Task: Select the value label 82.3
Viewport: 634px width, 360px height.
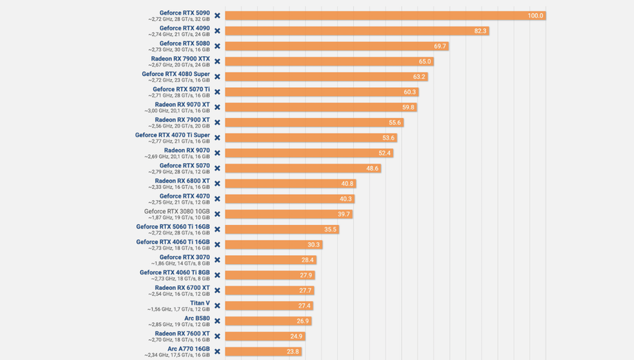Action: pyautogui.click(x=481, y=31)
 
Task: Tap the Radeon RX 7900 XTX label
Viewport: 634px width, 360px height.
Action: pyautogui.click(x=180, y=59)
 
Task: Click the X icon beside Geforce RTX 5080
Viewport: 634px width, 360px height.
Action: pyautogui.click(x=217, y=46)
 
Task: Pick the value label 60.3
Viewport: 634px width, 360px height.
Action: pyautogui.click(x=410, y=92)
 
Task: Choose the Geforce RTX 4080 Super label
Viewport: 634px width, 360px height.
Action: pyautogui.click(x=175, y=74)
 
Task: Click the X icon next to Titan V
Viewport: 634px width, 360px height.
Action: pyautogui.click(x=217, y=305)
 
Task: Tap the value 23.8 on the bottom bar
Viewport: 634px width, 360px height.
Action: pyautogui.click(x=293, y=352)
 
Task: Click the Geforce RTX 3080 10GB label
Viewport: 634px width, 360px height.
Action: pyautogui.click(x=177, y=212)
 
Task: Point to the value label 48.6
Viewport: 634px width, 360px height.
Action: pyautogui.click(x=372, y=168)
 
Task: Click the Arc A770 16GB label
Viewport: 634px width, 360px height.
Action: pyautogui.click(x=188, y=349)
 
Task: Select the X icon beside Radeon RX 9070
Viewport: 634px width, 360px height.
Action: pyautogui.click(x=217, y=153)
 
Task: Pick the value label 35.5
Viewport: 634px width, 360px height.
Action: pyautogui.click(x=330, y=229)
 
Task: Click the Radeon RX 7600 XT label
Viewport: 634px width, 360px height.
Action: pyautogui.click(x=182, y=333)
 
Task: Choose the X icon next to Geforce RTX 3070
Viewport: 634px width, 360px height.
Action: pyautogui.click(x=217, y=260)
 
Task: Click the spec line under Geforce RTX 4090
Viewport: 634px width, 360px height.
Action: pyautogui.click(x=178, y=34)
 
